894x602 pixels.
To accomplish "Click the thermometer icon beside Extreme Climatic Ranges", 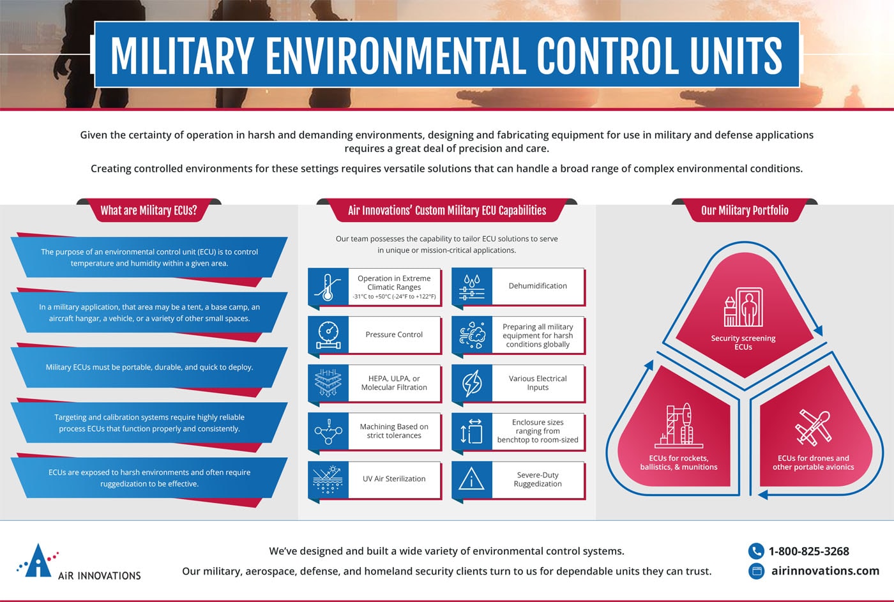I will (x=328, y=287).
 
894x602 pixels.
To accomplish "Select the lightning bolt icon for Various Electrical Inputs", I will (x=471, y=383).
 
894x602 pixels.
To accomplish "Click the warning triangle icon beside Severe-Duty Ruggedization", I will (x=471, y=479).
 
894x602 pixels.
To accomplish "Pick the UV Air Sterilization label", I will (x=394, y=479).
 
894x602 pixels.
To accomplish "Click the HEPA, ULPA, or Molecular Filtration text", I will (x=394, y=383).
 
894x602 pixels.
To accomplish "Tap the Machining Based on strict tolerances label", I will (x=394, y=431).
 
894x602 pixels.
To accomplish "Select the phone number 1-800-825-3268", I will (x=808, y=551).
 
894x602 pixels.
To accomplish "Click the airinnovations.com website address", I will (x=825, y=571).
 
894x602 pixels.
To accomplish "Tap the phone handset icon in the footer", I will (x=756, y=551).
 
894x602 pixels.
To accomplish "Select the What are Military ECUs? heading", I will (x=149, y=210).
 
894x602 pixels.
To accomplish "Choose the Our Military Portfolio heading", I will (x=745, y=210).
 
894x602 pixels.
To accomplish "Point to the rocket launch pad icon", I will (x=678, y=425).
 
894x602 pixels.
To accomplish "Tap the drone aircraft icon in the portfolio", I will (x=812, y=426).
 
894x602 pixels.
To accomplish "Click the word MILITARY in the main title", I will (x=182, y=56).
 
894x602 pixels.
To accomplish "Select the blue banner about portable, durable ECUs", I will (x=149, y=367).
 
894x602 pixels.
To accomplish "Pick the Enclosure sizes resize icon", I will (x=471, y=431).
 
